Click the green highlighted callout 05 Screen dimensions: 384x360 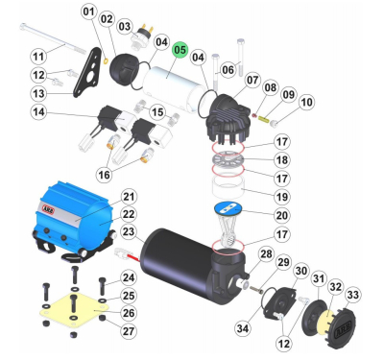[180, 50]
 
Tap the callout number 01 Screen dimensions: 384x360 [89, 12]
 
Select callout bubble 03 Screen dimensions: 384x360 [125, 26]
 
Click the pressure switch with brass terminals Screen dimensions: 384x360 [143, 36]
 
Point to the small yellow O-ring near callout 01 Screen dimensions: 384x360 [107, 59]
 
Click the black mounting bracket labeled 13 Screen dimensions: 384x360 [87, 72]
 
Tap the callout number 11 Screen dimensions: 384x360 [38, 57]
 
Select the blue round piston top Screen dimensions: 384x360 [228, 207]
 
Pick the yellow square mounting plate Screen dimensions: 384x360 [72, 310]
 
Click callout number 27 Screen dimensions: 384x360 [129, 331]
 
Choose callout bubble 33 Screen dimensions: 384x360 [353, 295]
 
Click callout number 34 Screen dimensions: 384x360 [243, 328]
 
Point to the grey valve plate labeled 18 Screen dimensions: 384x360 [228, 158]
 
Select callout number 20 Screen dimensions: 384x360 [282, 215]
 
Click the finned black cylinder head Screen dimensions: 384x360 [228, 119]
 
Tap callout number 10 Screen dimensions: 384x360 [306, 102]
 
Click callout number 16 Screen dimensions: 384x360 [104, 175]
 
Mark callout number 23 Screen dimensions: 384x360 [129, 231]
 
